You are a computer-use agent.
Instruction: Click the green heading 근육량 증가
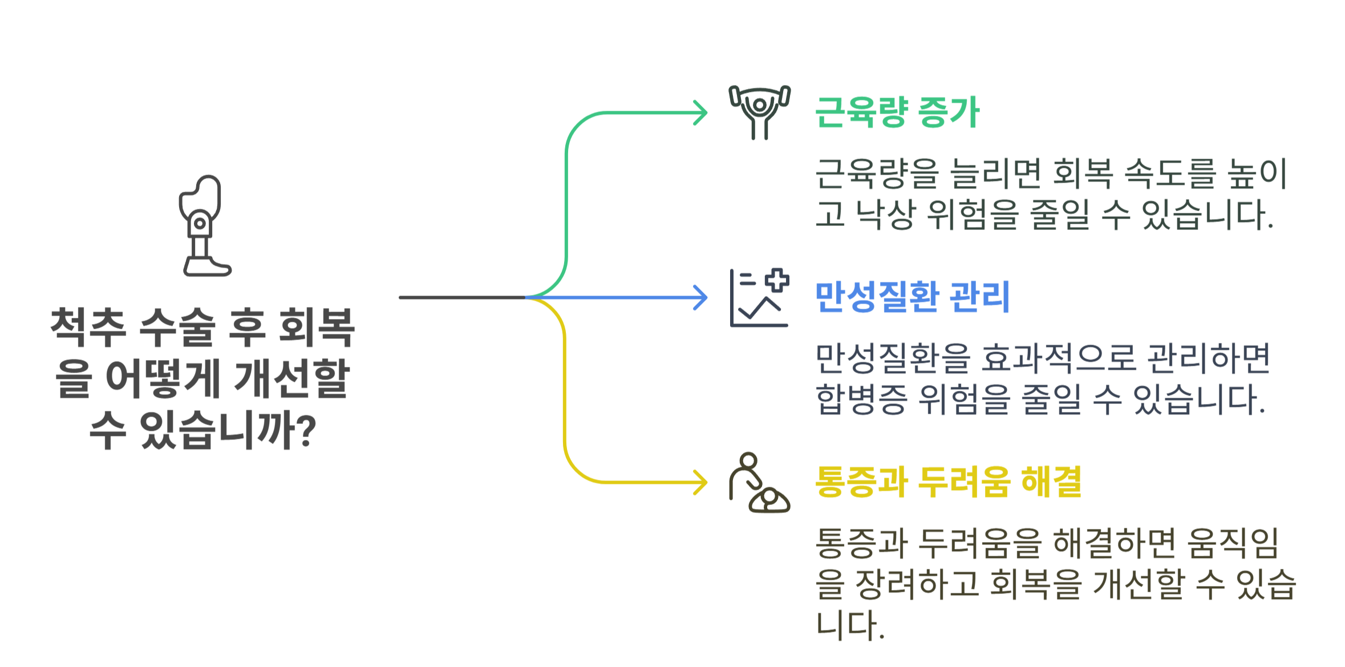[x=897, y=112]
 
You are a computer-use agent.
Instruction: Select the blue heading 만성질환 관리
[x=912, y=297]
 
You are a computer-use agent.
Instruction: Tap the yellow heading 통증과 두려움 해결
[x=948, y=482]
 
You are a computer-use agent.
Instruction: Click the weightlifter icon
[x=760, y=112]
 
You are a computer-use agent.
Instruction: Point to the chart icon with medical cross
[x=759, y=298]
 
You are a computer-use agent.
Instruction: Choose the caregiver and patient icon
[x=759, y=483]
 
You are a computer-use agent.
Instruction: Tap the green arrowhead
[x=702, y=112]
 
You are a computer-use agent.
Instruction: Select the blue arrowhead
[x=702, y=297]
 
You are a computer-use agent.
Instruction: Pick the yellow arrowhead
[x=702, y=483]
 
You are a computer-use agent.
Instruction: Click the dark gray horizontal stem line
[x=462, y=297]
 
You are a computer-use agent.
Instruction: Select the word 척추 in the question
[x=88, y=327]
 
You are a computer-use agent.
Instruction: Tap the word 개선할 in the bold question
[x=292, y=378]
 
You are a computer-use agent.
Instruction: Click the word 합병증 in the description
[x=861, y=399]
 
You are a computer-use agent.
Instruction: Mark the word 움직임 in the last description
[x=1233, y=543]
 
